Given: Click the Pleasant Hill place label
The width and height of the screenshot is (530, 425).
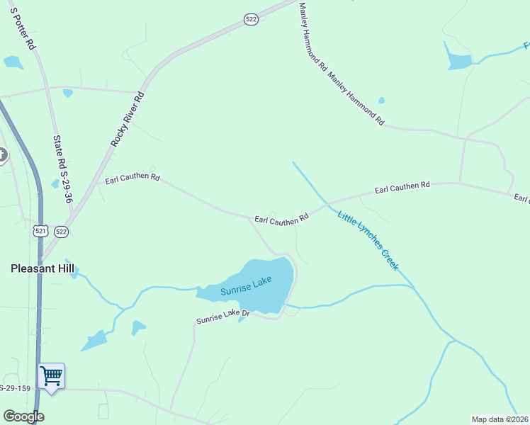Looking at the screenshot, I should click(x=43, y=268).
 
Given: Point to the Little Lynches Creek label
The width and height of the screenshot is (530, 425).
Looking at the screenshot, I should click(x=368, y=242).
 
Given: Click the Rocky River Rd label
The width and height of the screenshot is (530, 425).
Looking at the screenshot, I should click(x=128, y=119).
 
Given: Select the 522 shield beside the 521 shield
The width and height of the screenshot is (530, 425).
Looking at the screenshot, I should click(x=61, y=231).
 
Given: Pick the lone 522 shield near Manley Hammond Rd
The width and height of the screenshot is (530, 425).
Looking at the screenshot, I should click(x=251, y=21).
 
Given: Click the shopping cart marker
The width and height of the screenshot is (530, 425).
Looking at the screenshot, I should click(x=52, y=375).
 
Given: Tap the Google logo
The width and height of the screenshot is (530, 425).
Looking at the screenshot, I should click(x=23, y=416).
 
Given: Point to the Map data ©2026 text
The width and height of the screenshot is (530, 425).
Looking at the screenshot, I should click(x=500, y=419).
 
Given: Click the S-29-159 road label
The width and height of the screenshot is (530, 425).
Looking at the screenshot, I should click(x=15, y=388).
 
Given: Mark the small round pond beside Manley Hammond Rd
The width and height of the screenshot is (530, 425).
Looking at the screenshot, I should click(x=382, y=101).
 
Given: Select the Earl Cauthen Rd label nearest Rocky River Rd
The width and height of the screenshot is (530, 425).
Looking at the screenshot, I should click(x=132, y=178).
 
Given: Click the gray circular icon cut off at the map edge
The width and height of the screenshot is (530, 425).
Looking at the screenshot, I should click(x=2, y=154).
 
